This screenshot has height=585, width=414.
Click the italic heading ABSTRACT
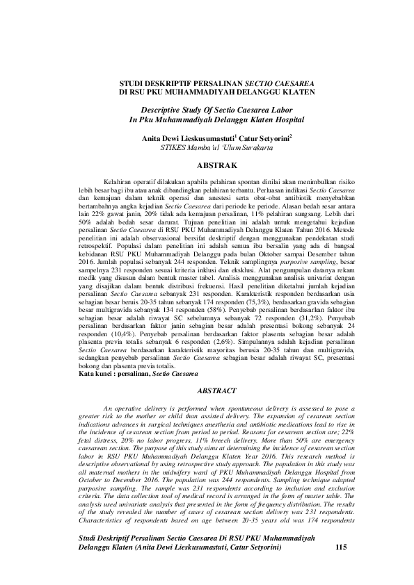217,392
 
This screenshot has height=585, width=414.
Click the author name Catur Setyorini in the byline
266,138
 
